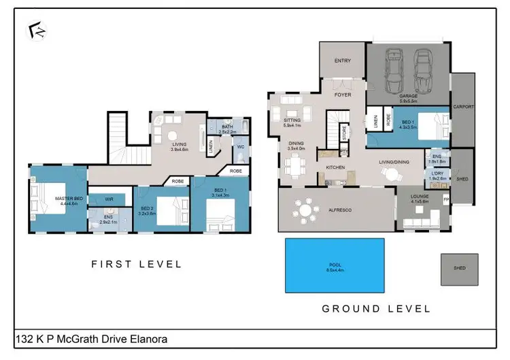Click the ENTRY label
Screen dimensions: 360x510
tap(343, 61)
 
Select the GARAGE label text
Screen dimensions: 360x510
tap(408, 97)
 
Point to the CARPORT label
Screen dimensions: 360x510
tap(464, 107)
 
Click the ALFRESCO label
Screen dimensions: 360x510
tap(340, 212)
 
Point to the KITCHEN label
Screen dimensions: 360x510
tap(335, 167)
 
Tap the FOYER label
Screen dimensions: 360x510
tap(343, 95)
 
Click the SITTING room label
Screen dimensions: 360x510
tap(291, 121)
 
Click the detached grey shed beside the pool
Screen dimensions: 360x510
tap(459, 270)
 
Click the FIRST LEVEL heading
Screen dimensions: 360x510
tap(137, 264)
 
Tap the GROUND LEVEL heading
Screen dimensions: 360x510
tap(376, 308)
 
